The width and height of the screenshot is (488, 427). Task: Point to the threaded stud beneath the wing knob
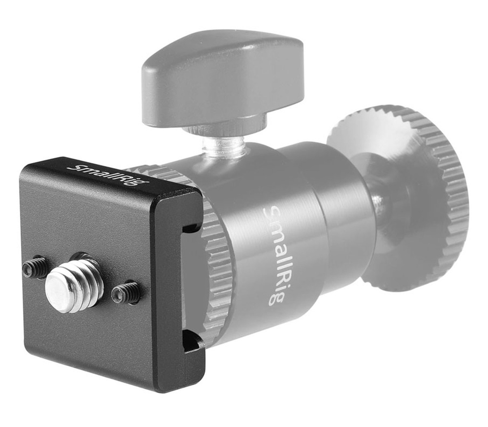coord(223,145)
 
